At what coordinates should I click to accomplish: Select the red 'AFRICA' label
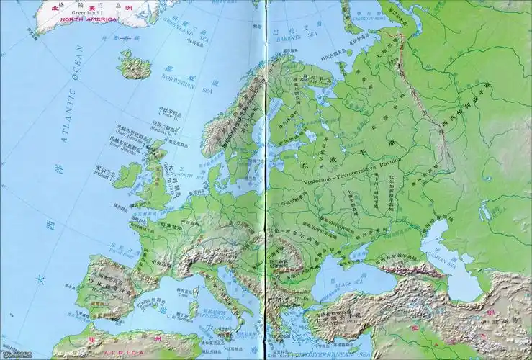[119, 353]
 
